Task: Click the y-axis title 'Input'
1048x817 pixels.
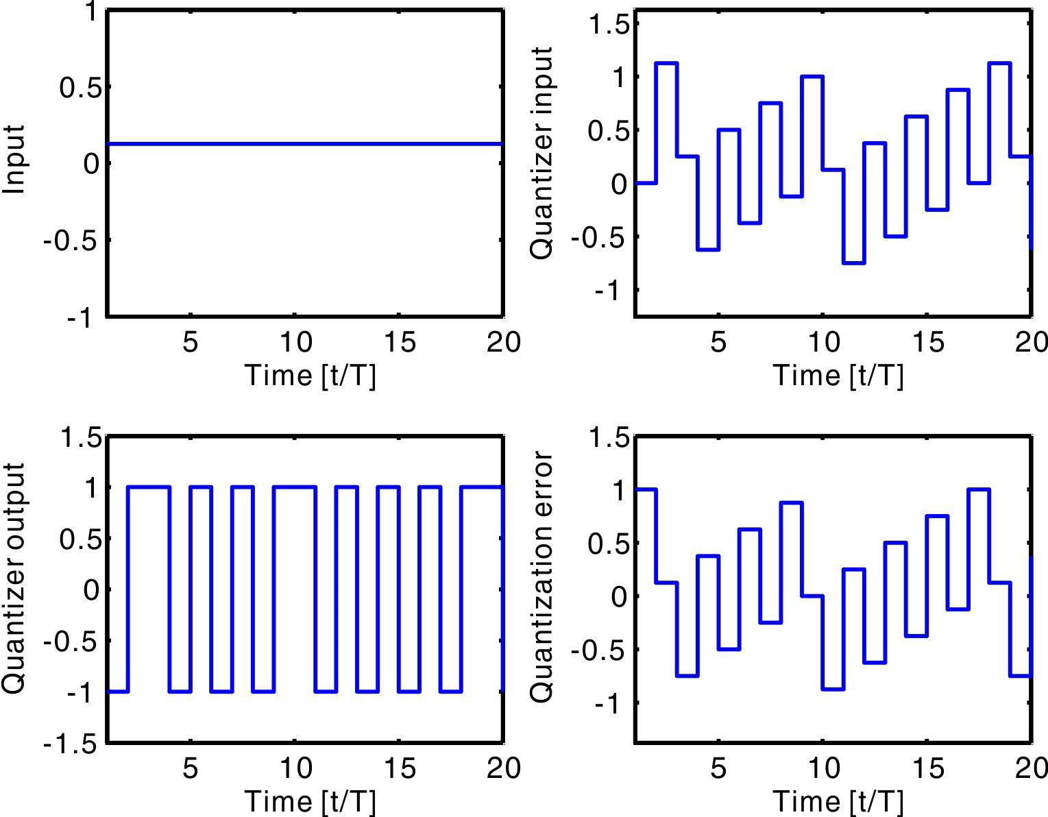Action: coord(14,159)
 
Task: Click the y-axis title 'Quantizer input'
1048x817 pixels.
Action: coord(542,153)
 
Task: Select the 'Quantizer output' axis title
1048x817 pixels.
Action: coord(14,578)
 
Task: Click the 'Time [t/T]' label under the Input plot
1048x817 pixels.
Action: coord(310,376)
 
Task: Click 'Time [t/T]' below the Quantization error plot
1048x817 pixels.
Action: coord(838,801)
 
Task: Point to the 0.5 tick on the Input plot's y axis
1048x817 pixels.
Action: coord(77,87)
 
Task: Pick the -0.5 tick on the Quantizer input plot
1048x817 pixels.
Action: coord(599,238)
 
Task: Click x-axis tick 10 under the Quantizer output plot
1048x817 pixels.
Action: coord(295,768)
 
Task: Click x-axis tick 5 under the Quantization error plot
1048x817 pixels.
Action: coord(718,768)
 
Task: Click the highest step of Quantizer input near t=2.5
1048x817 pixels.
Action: coord(666,63)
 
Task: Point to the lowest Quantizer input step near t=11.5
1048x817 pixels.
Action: coord(853,263)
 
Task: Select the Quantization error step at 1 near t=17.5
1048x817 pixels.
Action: coord(979,489)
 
